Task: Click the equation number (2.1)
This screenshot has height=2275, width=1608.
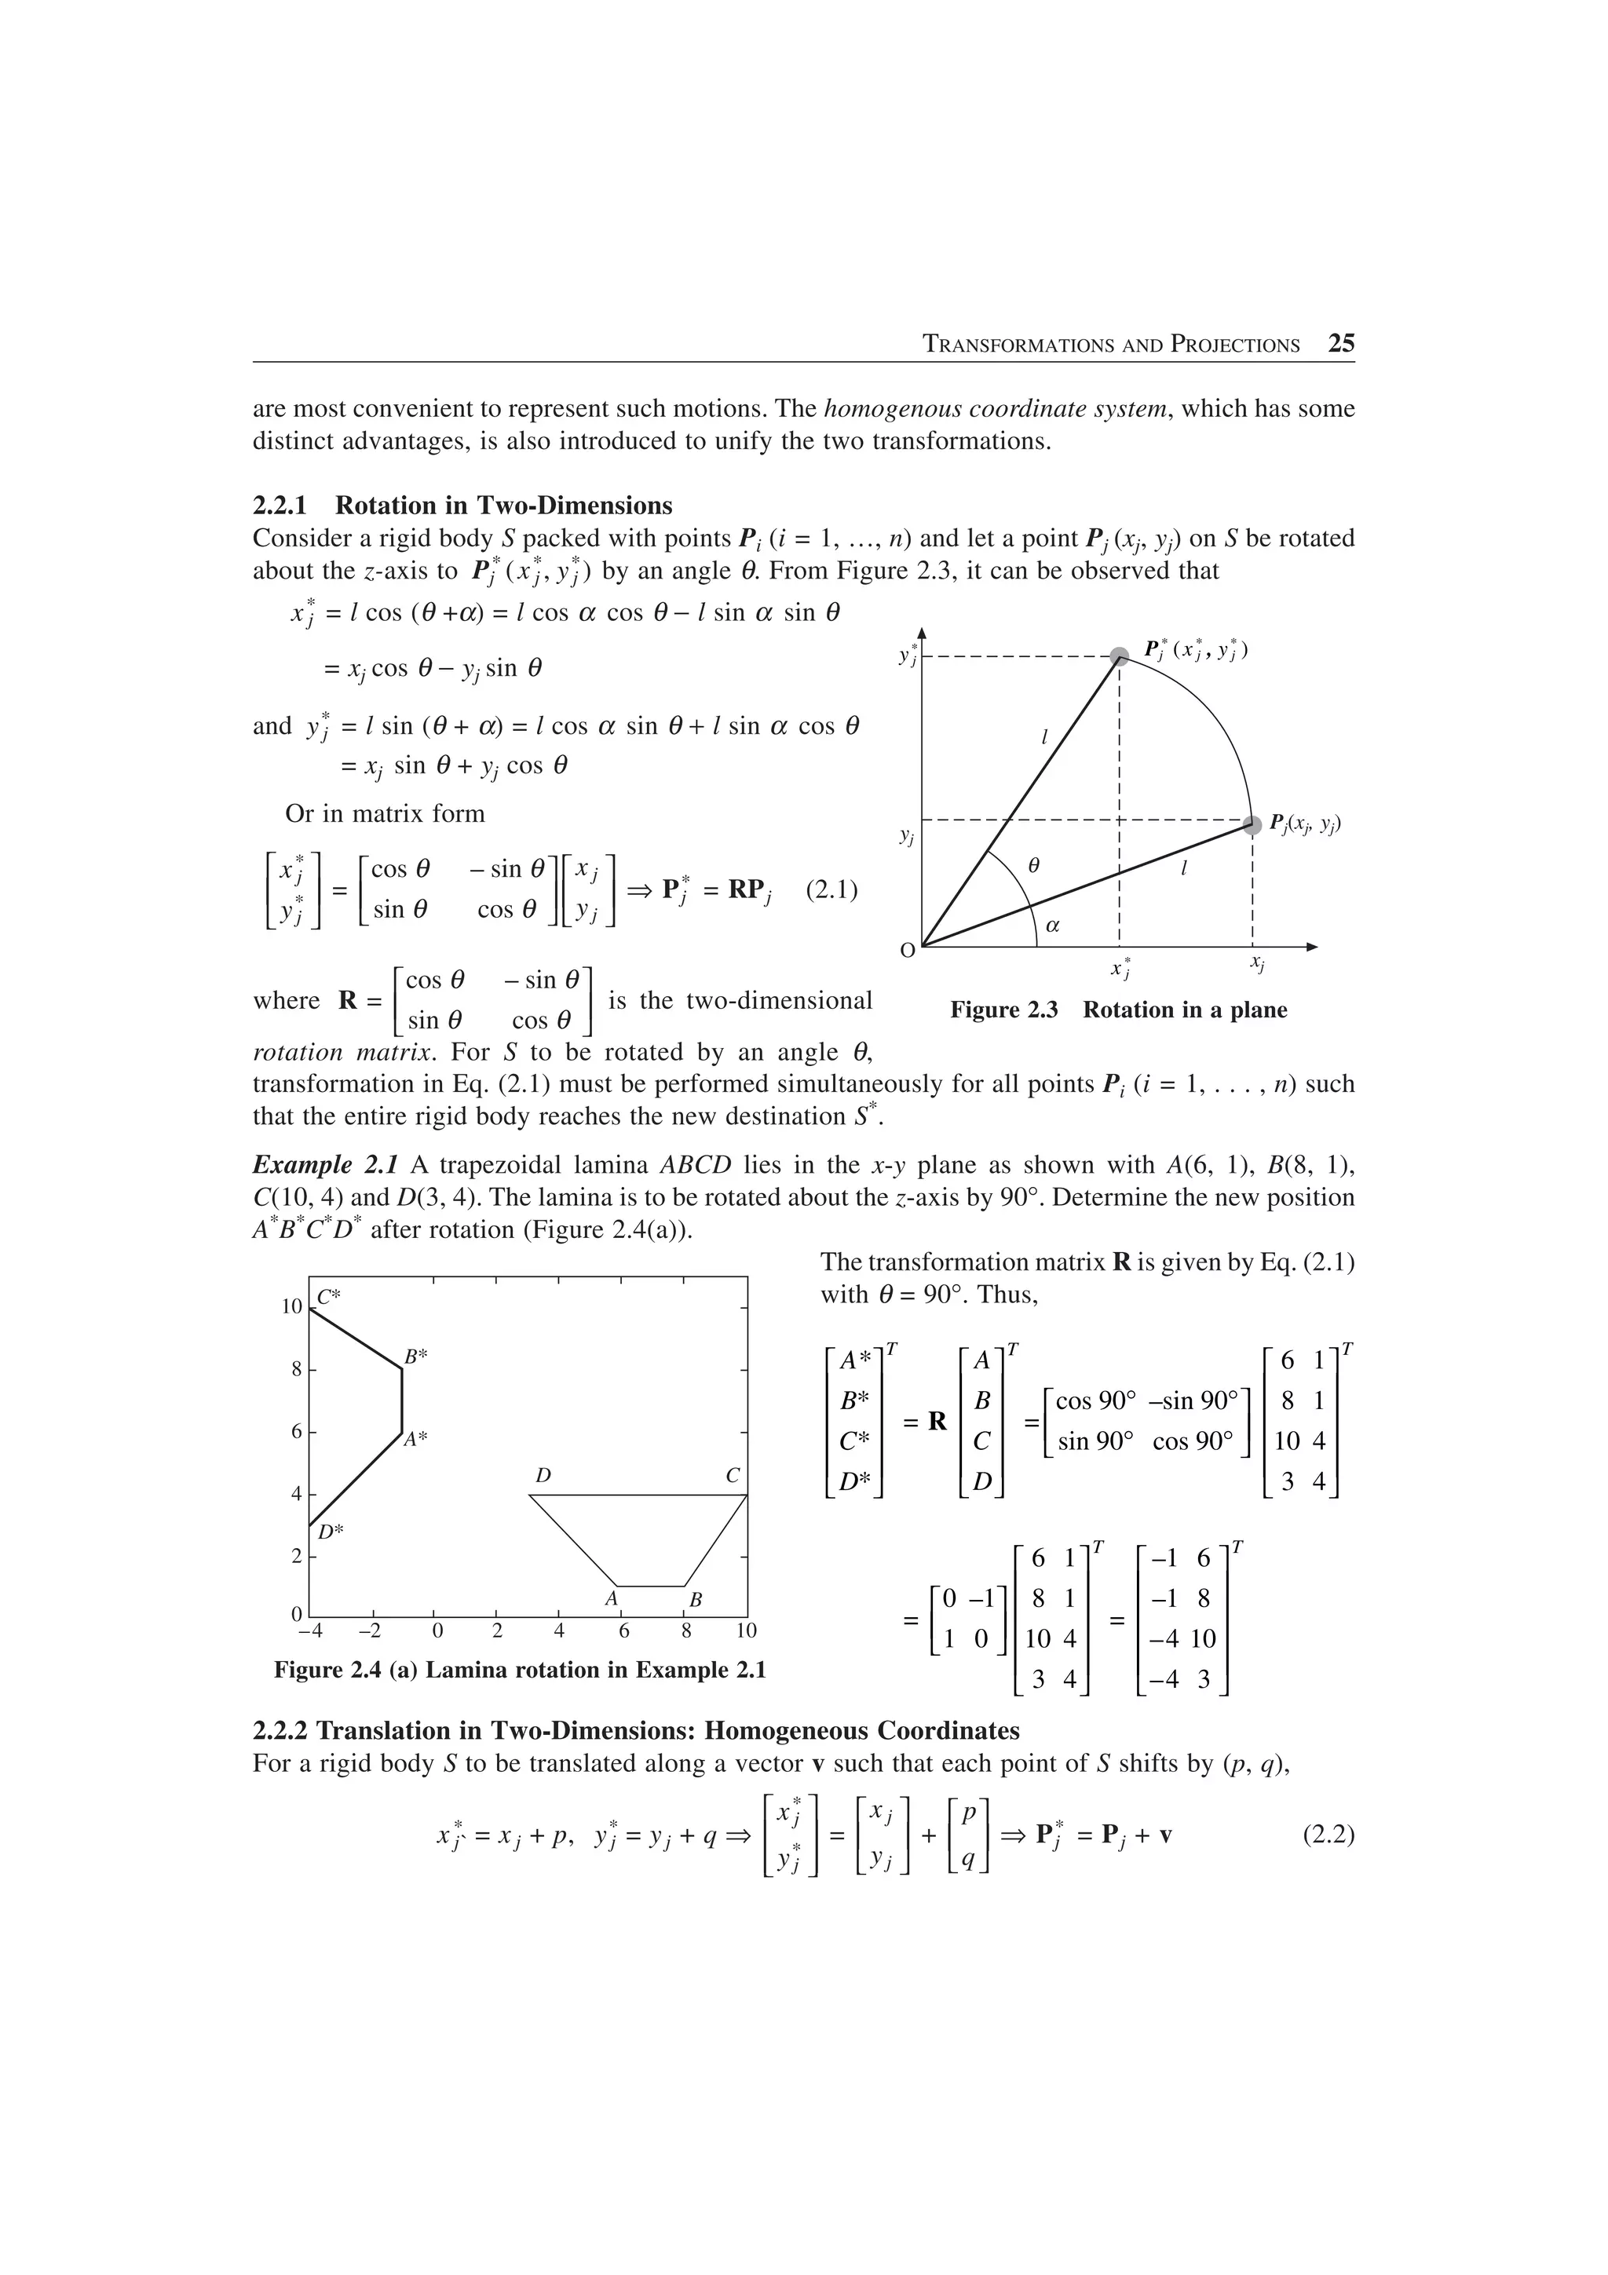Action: click(x=831, y=889)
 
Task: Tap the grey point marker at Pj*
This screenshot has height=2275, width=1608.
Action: click(x=1119, y=655)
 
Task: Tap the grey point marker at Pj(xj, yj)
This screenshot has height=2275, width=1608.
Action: click(x=1252, y=823)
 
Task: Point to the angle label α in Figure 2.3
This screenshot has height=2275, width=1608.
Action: click(x=1053, y=926)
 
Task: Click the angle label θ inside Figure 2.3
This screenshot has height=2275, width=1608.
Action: click(x=1033, y=865)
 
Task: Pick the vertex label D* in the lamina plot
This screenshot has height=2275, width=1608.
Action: click(x=331, y=1531)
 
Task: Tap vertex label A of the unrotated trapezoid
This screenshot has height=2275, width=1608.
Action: click(x=612, y=1598)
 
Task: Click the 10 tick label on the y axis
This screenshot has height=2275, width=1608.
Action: click(x=291, y=1307)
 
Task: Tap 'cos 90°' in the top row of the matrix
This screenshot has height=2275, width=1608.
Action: click(x=1096, y=1401)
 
